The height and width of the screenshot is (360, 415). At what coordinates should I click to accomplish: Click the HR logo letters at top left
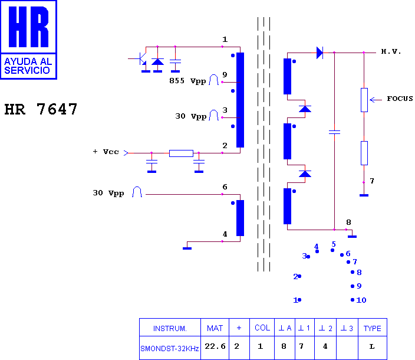pos(28,27)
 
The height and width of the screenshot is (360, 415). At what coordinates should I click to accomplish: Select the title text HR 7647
pos(41,109)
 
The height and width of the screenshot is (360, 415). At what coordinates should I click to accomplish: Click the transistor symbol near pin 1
pos(143,59)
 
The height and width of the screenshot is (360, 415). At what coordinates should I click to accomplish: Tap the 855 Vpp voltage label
pos(187,81)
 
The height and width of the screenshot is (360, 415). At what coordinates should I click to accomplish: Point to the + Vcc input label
pos(106,152)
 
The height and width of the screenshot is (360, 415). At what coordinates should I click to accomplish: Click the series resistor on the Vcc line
pos(181,153)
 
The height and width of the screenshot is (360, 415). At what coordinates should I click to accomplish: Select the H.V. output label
pos(391,52)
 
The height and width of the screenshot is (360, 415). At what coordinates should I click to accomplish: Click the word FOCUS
pos(400,99)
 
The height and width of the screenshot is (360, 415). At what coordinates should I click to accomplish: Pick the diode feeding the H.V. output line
pos(320,53)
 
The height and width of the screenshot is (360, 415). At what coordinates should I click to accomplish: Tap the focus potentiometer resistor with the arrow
pos(364,100)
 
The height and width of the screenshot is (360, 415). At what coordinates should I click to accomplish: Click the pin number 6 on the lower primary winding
pos(225,186)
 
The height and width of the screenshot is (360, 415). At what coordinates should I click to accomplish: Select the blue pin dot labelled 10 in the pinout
pos(353,300)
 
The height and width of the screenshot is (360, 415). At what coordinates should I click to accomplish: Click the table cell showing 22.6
pos(215,346)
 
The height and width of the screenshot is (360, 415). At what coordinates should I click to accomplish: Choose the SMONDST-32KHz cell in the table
pos(170,348)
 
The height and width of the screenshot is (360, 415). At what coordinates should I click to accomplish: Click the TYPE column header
pos(372,329)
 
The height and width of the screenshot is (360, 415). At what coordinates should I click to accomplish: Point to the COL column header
pos(262,328)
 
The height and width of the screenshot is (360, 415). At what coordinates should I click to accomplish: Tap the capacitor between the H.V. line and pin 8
pos(335,132)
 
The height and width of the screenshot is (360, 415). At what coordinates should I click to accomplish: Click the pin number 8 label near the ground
pos(348,222)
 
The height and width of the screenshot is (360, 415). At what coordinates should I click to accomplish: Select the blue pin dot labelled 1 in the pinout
pos(299,300)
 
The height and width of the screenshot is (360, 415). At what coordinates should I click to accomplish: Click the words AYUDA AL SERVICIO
pos(28,66)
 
